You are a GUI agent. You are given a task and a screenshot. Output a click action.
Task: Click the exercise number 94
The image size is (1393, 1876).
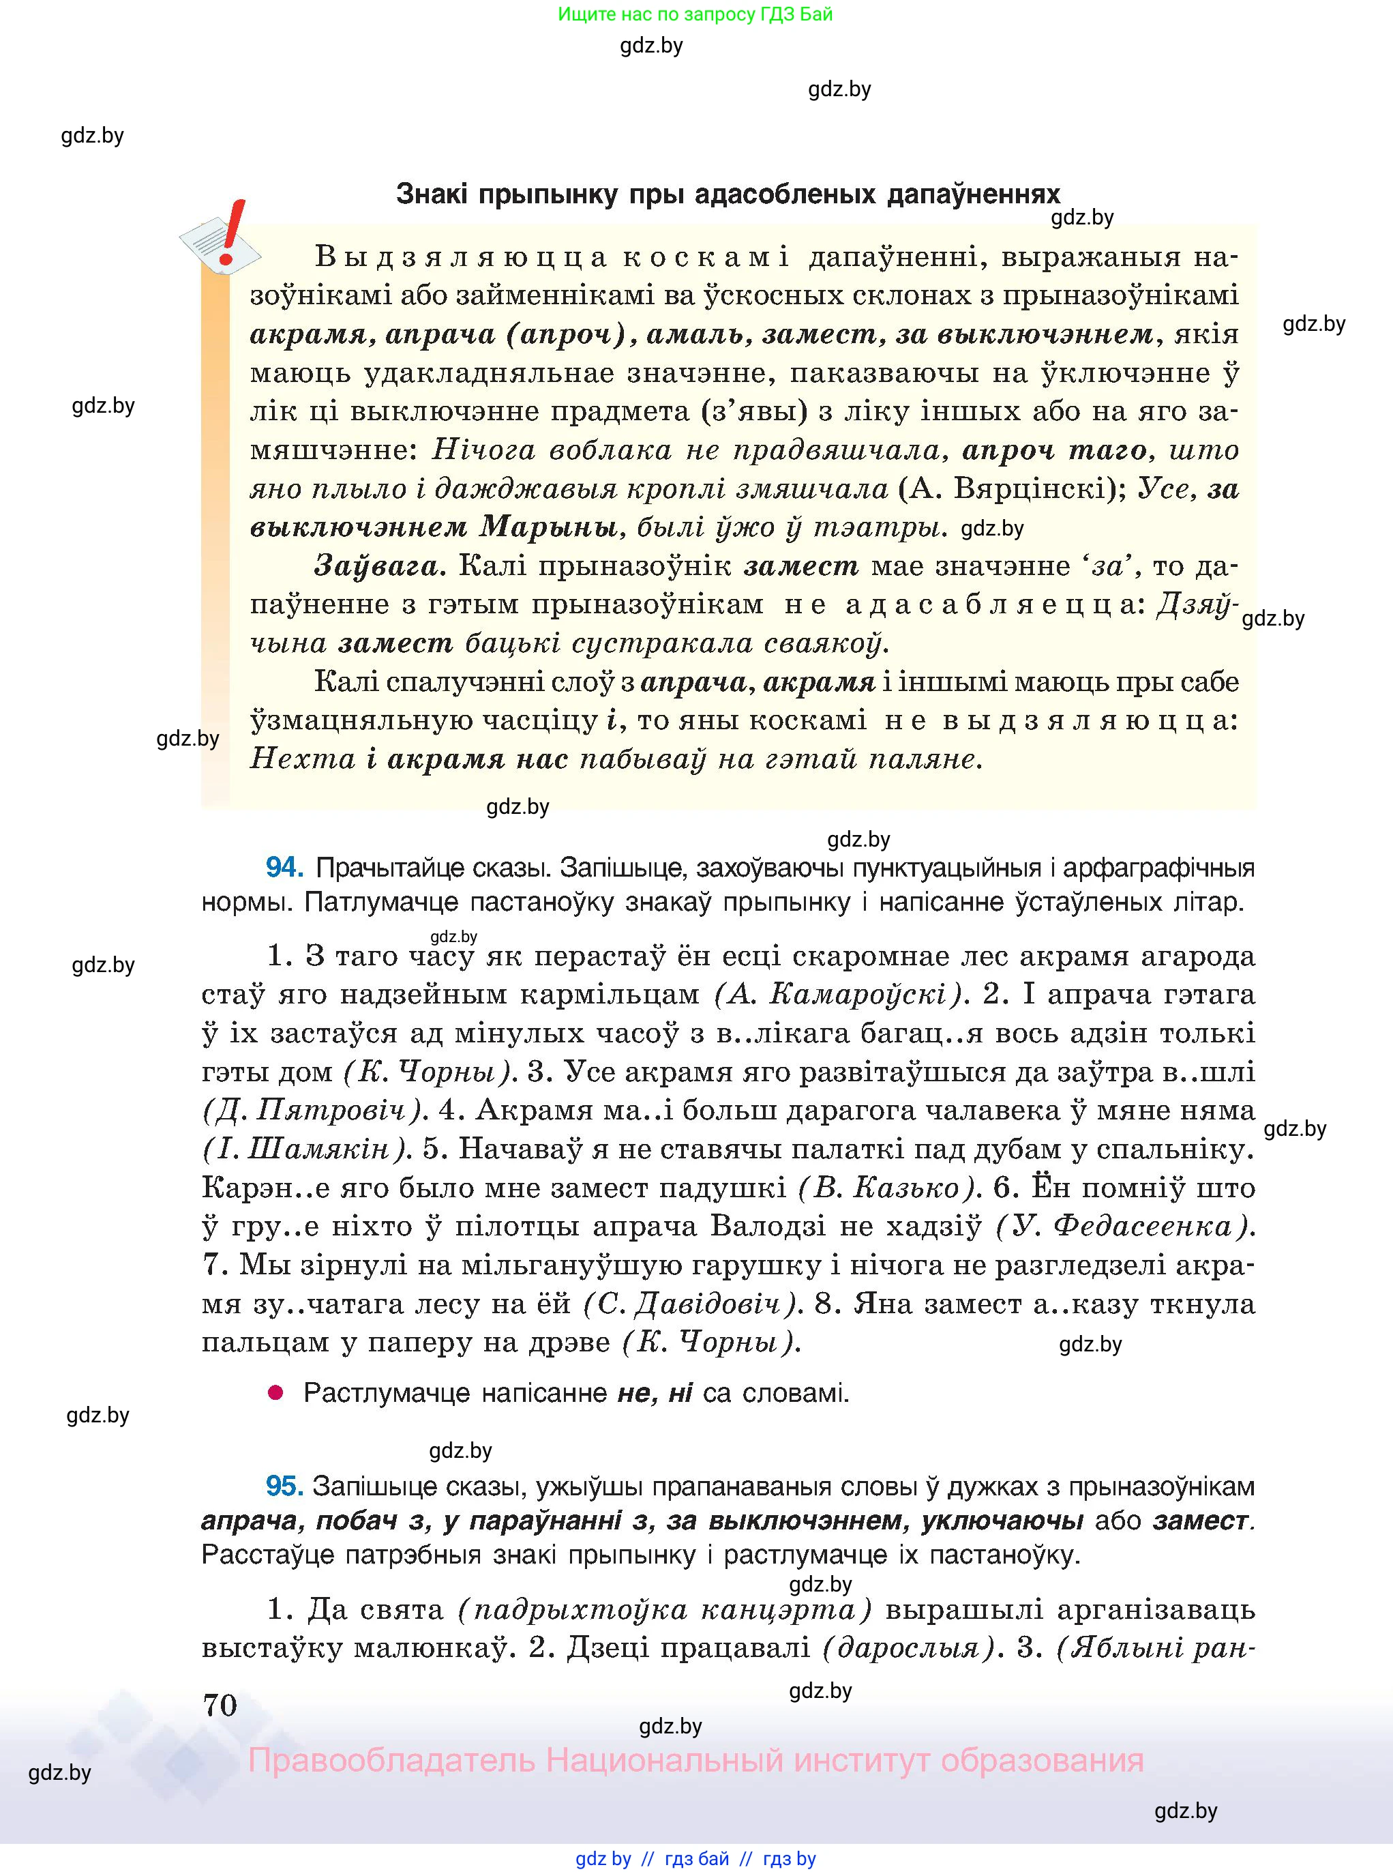pos(284,867)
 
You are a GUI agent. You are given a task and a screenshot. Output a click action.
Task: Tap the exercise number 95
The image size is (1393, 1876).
pos(284,1485)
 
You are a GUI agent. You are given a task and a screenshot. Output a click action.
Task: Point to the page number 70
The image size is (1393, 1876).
pos(220,1705)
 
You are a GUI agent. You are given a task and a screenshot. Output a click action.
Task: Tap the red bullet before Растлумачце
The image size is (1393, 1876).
pos(275,1392)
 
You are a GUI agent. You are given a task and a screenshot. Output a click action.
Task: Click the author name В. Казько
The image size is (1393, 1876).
pos(888,1188)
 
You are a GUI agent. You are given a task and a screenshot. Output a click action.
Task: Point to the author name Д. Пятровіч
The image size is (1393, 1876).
pos(312,1110)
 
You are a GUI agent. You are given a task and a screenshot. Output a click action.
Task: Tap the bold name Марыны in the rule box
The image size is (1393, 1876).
pos(548,527)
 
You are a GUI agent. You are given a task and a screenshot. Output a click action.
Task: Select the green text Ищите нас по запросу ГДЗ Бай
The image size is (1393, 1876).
pos(695,14)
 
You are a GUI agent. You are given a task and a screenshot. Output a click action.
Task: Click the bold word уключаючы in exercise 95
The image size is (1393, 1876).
pos(1002,1520)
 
